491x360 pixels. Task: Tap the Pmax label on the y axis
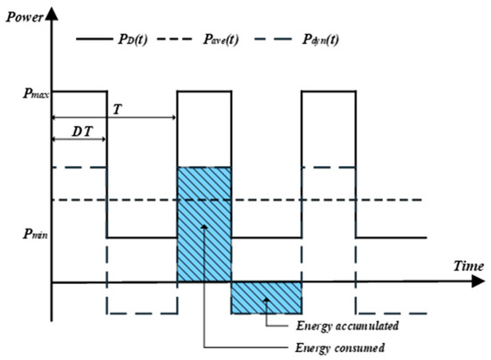[25, 91]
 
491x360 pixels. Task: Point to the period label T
[118, 108]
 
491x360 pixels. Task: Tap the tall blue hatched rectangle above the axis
[204, 223]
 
